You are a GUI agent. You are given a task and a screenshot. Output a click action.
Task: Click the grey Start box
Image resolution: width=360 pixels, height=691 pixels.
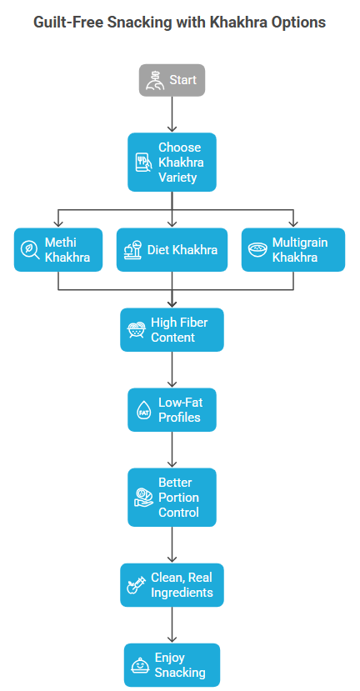point(172,80)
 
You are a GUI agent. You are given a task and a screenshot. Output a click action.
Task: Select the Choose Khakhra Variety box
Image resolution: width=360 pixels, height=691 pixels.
point(172,163)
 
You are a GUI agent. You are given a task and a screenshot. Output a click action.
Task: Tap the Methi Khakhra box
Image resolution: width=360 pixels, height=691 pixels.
point(58,249)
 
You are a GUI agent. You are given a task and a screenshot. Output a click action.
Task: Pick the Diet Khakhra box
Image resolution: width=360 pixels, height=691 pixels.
point(172,249)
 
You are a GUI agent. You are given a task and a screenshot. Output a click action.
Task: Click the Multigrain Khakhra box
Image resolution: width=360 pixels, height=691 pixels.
point(293,249)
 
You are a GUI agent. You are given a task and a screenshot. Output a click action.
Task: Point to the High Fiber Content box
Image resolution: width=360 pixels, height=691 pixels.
point(172,329)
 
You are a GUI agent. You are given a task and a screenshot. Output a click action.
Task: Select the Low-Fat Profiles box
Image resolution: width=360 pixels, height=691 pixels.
point(172,410)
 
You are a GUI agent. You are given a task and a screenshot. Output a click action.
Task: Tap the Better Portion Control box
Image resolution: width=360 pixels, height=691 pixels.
point(172,497)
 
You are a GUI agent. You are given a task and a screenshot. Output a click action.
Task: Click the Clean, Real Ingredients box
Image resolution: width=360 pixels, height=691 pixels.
point(172,585)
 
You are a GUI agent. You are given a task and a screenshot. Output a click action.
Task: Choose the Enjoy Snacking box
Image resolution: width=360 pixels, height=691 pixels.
point(172,665)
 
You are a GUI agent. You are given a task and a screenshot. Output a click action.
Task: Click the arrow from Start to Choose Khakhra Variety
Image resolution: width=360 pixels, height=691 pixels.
point(172,114)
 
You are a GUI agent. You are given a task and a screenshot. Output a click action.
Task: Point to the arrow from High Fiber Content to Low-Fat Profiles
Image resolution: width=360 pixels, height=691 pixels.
point(172,370)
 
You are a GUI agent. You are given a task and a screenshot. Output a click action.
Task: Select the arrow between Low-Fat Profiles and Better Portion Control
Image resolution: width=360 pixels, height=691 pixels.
point(172,450)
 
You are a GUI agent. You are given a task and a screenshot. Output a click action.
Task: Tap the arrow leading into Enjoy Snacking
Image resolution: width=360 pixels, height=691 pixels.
point(172,625)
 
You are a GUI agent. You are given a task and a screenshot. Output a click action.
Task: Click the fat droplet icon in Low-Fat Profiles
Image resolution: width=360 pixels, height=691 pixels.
point(144,410)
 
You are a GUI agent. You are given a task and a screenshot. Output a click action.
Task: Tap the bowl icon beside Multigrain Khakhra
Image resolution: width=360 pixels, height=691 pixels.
point(257,249)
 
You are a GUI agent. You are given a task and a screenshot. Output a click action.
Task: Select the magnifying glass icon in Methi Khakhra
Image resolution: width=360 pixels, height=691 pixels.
point(29,250)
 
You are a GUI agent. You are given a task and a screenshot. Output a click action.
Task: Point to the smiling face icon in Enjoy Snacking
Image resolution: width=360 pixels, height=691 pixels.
point(140,665)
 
